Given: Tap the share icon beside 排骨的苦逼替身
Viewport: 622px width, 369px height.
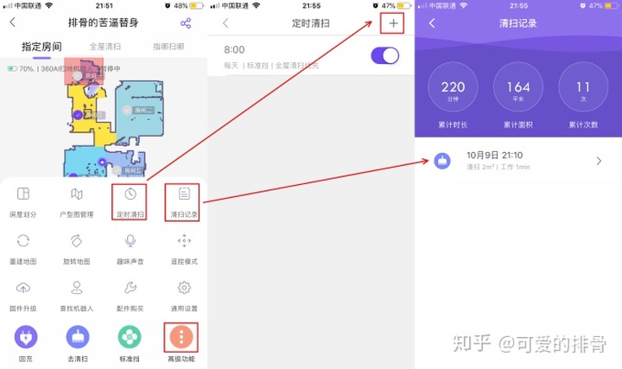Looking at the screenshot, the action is click(x=186, y=22).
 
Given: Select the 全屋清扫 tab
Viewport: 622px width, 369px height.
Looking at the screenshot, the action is click(x=105, y=46).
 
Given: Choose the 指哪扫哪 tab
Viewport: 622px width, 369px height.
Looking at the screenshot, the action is click(x=168, y=46).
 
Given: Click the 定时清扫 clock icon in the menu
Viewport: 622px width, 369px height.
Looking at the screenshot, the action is click(x=130, y=194).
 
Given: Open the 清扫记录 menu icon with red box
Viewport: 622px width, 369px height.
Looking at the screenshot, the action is click(x=183, y=194).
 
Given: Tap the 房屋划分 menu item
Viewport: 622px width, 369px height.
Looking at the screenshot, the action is click(x=23, y=194).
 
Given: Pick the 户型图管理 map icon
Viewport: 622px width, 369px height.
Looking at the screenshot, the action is click(x=77, y=194).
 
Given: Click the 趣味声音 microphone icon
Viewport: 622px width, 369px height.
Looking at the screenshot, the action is click(x=130, y=241).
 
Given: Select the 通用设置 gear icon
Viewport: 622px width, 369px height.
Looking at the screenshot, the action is click(x=183, y=289).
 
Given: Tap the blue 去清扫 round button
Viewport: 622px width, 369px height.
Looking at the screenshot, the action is click(x=77, y=336).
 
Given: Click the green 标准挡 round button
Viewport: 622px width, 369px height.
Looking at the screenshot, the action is click(x=130, y=336).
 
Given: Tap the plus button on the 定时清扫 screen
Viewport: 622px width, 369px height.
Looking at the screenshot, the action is click(x=394, y=23).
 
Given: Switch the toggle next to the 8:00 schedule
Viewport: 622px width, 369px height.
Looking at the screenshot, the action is click(x=384, y=56).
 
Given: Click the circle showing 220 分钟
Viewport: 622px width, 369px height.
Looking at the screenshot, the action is click(x=453, y=90).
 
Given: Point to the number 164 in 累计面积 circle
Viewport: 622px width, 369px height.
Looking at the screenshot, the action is click(x=518, y=87).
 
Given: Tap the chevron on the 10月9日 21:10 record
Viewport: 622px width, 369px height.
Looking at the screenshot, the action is click(x=600, y=161).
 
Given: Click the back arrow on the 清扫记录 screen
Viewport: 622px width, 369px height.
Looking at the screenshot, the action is click(x=432, y=23).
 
